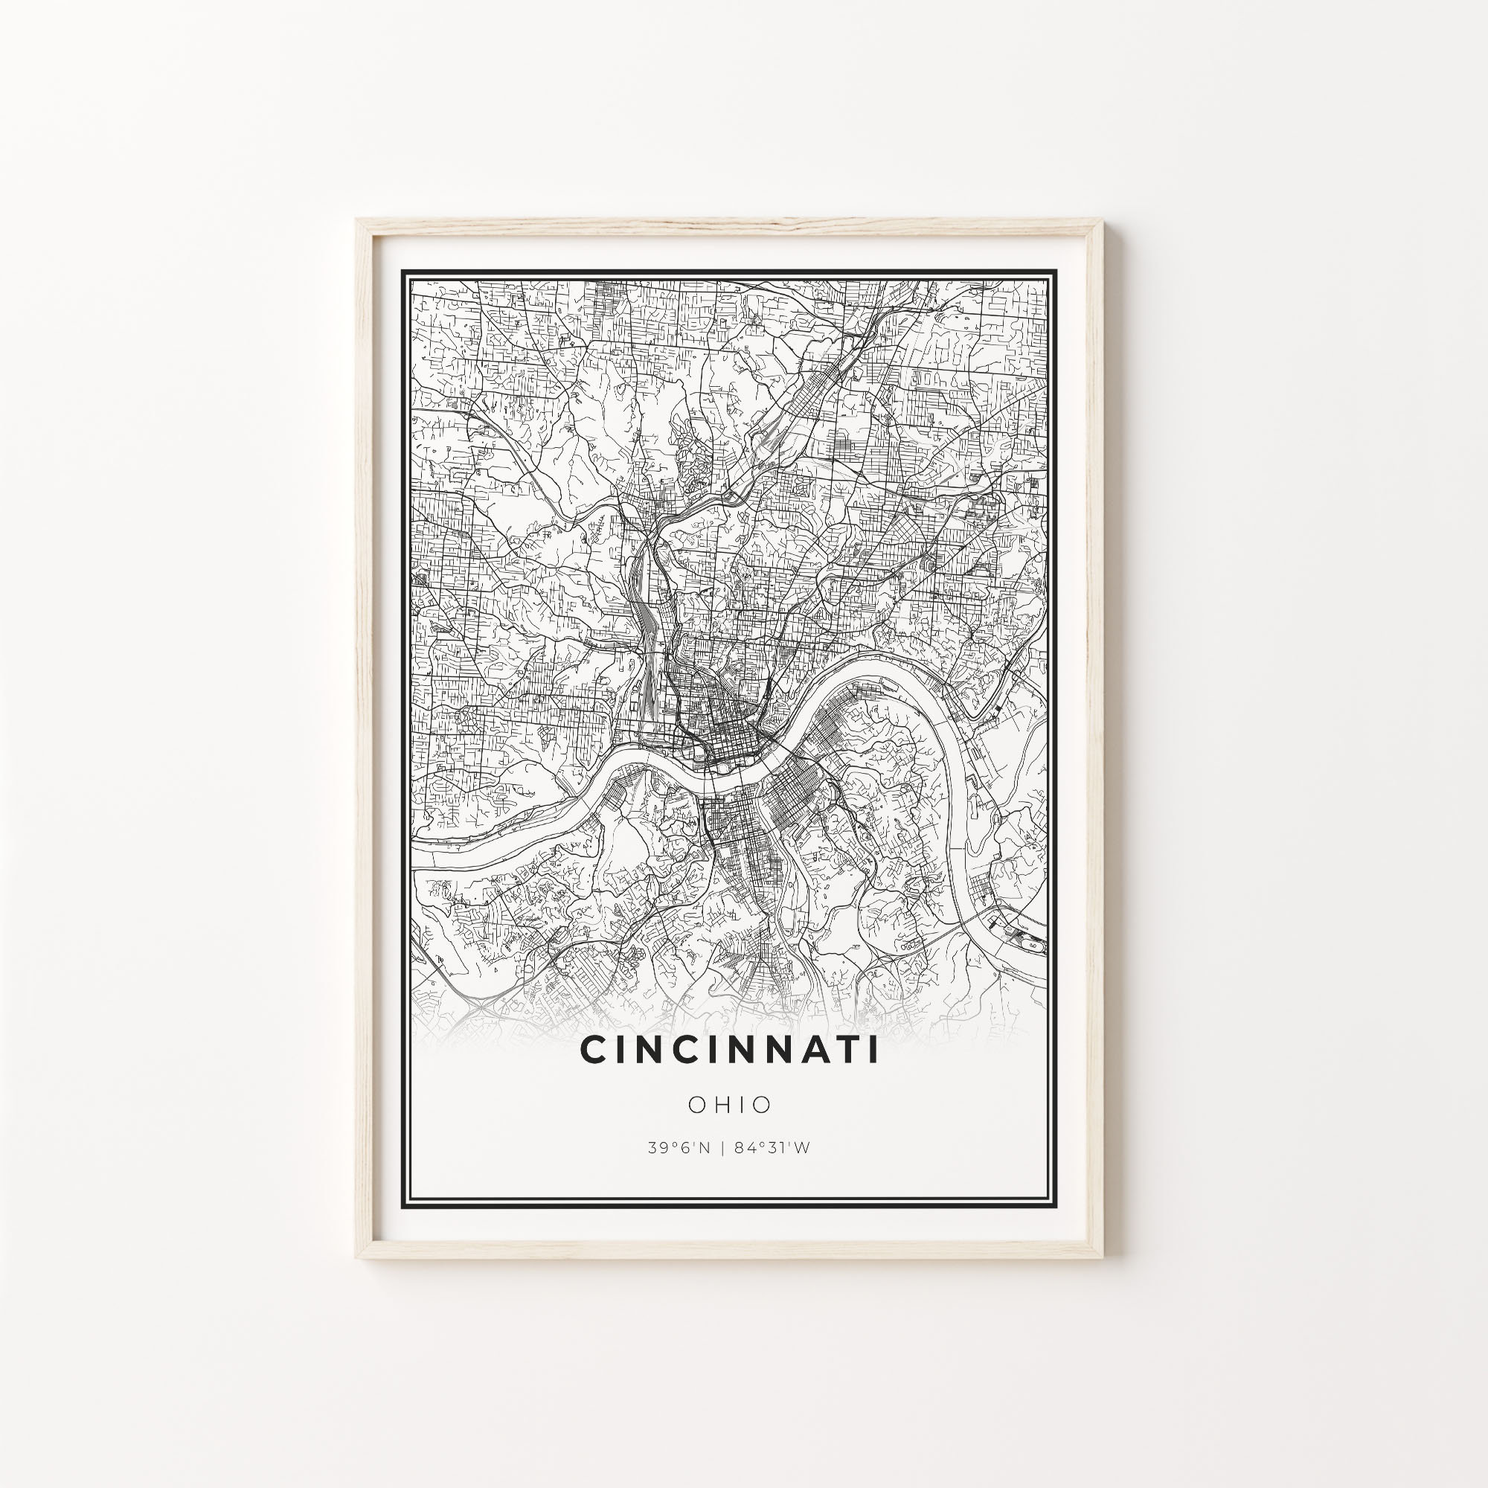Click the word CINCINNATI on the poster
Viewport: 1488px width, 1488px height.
(x=728, y=1051)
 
